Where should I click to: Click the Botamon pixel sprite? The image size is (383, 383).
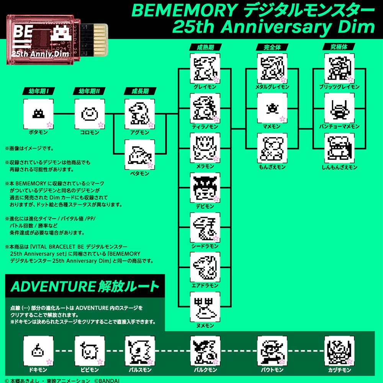tap(38, 114)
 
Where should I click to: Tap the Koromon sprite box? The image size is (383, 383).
tap(90, 114)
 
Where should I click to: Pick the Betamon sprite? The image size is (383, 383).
tap(139, 155)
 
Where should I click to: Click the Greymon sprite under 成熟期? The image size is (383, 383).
tap(205, 69)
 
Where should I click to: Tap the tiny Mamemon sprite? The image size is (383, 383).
tap(272, 108)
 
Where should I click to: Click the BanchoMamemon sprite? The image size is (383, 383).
tap(339, 109)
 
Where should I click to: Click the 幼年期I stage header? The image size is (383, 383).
tap(39, 91)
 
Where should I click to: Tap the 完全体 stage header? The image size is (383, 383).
tap(272, 47)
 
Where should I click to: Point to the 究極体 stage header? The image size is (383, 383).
tap(339, 47)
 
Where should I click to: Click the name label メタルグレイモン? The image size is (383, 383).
tap(272, 87)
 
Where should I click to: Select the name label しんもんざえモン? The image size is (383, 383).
tap(339, 167)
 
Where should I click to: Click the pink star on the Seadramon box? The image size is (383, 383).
tap(216, 238)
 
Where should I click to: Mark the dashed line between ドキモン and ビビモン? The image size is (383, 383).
tap(64, 351)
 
